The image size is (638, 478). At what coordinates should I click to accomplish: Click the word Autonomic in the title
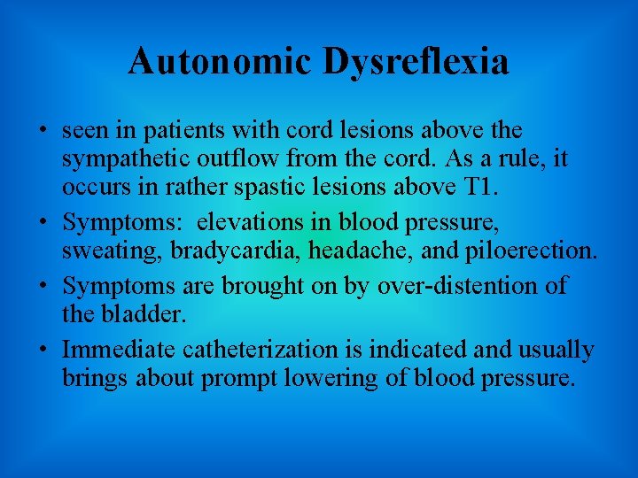tap(219, 62)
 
